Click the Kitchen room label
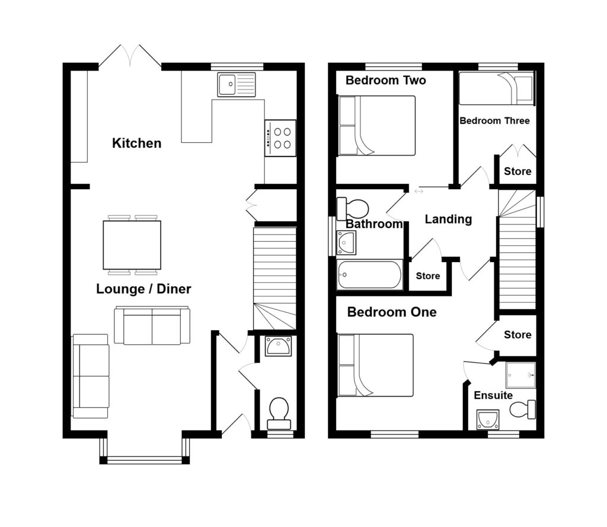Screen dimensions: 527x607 (x=137, y=143)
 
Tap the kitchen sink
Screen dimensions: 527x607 (x=236, y=84)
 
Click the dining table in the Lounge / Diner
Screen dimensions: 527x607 (x=132, y=245)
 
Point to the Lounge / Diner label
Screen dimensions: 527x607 (x=143, y=289)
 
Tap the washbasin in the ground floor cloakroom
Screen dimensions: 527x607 (x=278, y=346)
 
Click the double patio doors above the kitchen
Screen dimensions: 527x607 (x=130, y=57)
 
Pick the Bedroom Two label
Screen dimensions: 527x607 (x=386, y=81)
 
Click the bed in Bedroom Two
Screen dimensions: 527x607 (x=376, y=126)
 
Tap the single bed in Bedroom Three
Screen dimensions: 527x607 (x=496, y=88)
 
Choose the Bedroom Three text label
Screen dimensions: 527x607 (x=495, y=121)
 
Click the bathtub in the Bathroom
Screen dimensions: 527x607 (x=370, y=275)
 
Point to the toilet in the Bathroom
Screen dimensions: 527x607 (x=353, y=209)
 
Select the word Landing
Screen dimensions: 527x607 (x=448, y=219)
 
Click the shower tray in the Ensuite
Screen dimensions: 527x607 (x=520, y=375)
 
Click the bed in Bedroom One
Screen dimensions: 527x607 (x=375, y=365)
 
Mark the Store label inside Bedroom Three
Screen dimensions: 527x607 (x=517, y=172)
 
